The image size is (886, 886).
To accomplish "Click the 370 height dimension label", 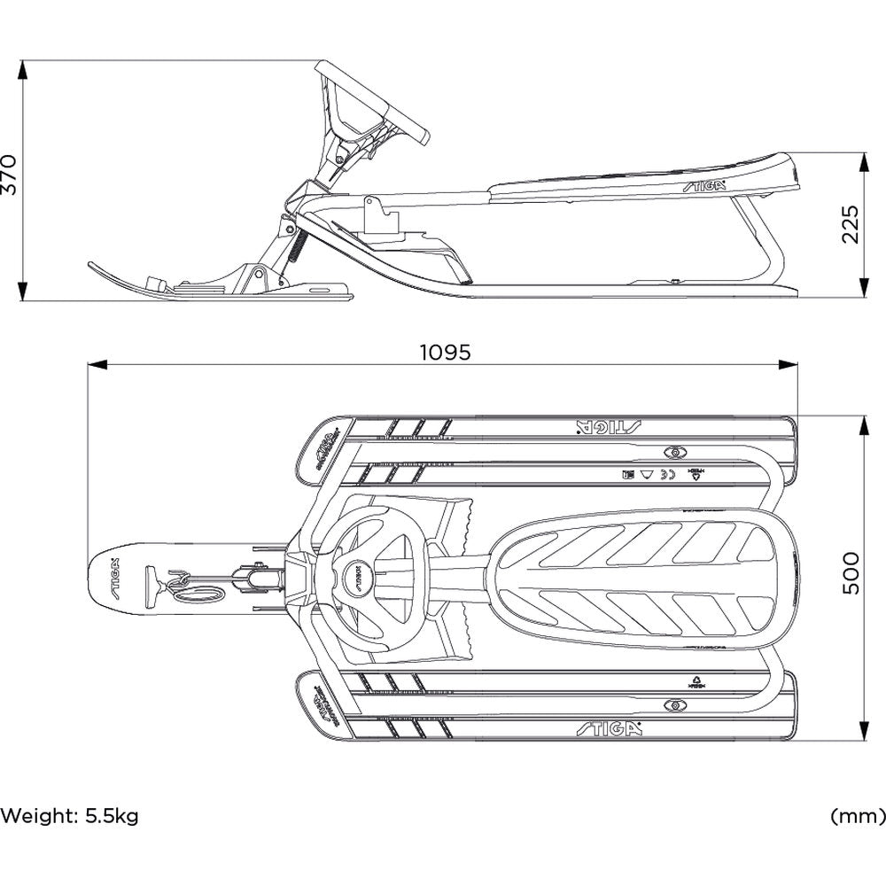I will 10,175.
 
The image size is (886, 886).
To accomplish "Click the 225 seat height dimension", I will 851,224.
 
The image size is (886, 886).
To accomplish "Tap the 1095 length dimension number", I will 445,352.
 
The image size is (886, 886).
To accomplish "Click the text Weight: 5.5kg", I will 70,815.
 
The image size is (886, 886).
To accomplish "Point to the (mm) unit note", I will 858,815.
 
